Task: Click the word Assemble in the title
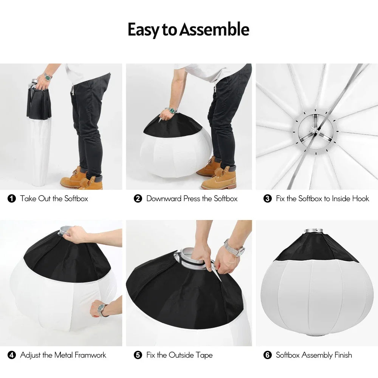pyautogui.click(x=214, y=29)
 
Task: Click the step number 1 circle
pyautogui.click(x=12, y=198)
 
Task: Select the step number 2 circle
pyautogui.click(x=138, y=198)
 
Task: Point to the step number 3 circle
pyautogui.click(x=268, y=198)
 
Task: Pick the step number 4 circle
pyautogui.click(x=12, y=355)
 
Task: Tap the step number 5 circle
pyautogui.click(x=138, y=355)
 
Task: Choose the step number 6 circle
pyautogui.click(x=268, y=355)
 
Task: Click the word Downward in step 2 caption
pyautogui.click(x=164, y=198)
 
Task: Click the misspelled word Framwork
pyautogui.click(x=90, y=355)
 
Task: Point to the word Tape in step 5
pyautogui.click(x=204, y=355)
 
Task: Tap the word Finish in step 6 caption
pyautogui.click(x=343, y=355)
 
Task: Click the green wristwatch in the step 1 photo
pyautogui.click(x=47, y=77)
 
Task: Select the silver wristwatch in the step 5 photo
pyautogui.click(x=232, y=248)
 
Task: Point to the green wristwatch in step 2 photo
pyautogui.click(x=173, y=110)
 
